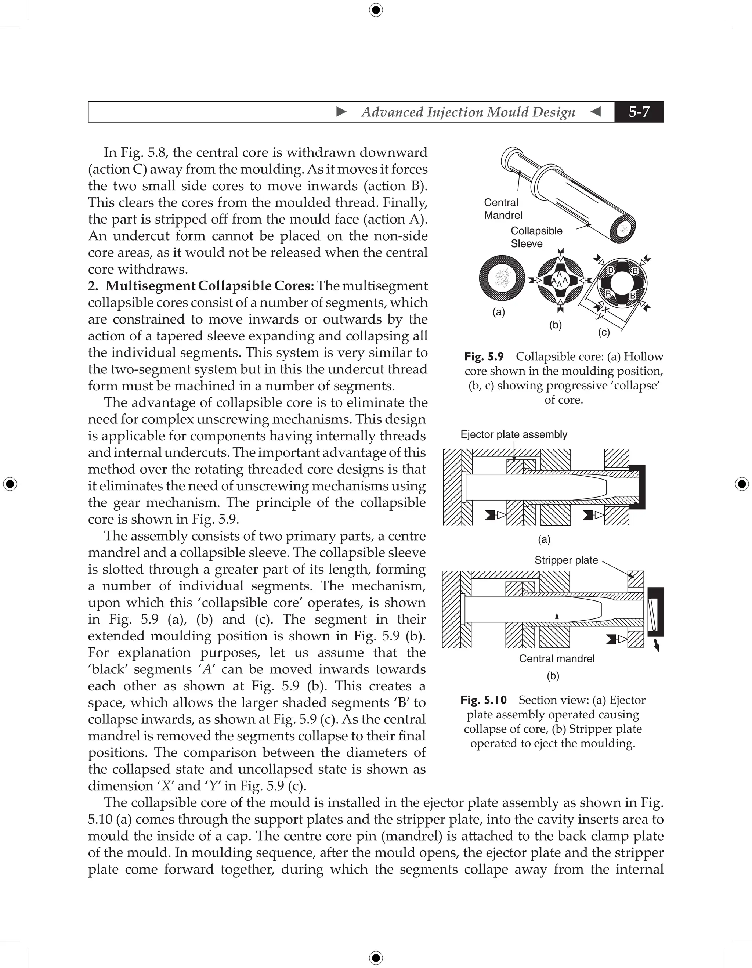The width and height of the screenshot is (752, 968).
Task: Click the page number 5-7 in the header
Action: pos(639,112)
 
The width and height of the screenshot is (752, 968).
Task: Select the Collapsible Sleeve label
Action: pos(536,237)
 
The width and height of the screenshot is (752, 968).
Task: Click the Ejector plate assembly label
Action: pos(514,434)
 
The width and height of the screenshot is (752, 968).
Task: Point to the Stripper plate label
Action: pos(566,560)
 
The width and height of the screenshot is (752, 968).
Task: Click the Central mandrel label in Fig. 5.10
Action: pos(557,659)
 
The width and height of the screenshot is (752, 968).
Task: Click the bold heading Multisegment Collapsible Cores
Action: pos(210,286)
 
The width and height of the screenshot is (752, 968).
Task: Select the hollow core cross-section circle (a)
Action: pos(502,279)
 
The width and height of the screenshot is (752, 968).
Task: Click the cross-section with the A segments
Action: pos(559,280)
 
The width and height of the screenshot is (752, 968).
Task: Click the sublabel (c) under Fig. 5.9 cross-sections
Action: pos(604,332)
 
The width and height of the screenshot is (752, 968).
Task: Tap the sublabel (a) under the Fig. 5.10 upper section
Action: pos(544,539)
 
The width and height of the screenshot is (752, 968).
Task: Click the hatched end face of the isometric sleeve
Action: pos(623,229)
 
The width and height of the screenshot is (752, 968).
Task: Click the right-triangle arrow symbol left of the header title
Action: pos(341,112)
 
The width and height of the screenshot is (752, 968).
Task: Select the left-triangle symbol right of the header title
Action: pos(596,112)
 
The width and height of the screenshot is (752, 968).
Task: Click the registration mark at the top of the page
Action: pos(376,10)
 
